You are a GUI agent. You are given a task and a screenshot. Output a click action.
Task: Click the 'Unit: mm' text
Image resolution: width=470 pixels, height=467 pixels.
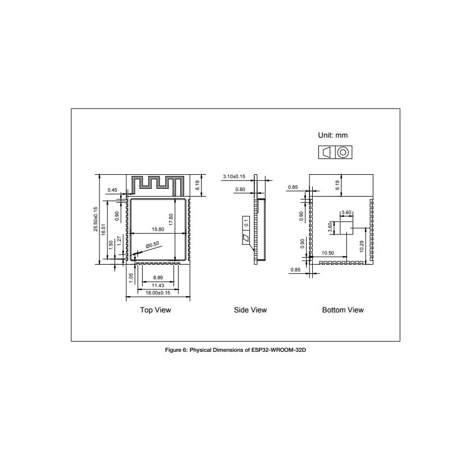[332, 135]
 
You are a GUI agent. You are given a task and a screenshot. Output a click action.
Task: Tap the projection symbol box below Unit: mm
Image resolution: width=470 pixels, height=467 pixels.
[335, 152]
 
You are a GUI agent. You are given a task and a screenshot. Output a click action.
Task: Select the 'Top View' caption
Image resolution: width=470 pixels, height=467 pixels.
[156, 310]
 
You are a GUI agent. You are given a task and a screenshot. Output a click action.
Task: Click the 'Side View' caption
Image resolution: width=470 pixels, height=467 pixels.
[250, 310]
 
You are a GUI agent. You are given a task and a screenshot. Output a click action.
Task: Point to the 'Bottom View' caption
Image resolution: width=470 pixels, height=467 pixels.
[343, 310]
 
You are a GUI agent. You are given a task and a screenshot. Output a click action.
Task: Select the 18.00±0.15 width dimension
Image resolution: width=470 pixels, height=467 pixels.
[158, 293]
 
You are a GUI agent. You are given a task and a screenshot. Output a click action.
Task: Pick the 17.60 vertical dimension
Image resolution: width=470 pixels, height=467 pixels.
[171, 220]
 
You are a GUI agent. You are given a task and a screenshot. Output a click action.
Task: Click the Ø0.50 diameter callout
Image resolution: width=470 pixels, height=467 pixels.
[152, 244]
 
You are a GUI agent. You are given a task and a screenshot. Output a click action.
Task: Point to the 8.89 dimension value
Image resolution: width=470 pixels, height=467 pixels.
[158, 278]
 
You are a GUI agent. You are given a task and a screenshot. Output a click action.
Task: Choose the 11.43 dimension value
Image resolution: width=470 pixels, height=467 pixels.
[158, 285]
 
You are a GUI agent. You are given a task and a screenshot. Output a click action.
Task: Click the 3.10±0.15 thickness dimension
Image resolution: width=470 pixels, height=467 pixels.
[234, 176]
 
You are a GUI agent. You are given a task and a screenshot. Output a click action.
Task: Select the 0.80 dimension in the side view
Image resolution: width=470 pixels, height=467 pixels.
[240, 189]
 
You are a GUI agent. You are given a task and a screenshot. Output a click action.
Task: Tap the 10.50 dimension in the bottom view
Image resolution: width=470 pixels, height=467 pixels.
[327, 253]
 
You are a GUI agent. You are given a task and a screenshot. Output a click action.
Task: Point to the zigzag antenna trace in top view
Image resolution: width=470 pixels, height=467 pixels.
[158, 184]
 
